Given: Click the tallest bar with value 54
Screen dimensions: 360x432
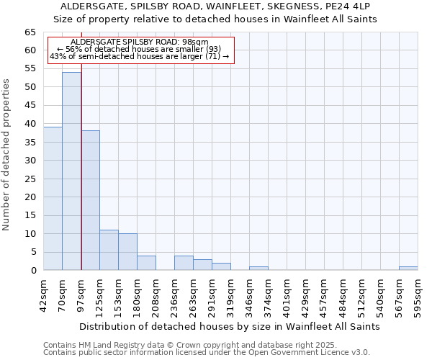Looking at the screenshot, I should (71, 171).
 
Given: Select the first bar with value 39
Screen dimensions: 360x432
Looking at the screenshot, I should (53, 199).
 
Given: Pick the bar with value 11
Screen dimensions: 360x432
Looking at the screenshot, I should (109, 250).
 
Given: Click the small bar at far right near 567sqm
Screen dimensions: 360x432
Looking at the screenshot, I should (408, 269).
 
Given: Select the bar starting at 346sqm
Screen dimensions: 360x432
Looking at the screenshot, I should (258, 269).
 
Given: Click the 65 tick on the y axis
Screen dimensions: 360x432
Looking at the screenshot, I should (30, 32).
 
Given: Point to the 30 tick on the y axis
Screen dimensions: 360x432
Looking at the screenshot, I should (30, 161).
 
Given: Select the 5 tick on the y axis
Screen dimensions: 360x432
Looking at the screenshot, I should (33, 252).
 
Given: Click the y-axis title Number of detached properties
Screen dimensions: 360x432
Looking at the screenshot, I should (7, 155).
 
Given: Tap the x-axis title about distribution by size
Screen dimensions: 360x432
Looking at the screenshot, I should (230, 326).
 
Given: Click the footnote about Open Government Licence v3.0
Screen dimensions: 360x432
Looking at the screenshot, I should (207, 352).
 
